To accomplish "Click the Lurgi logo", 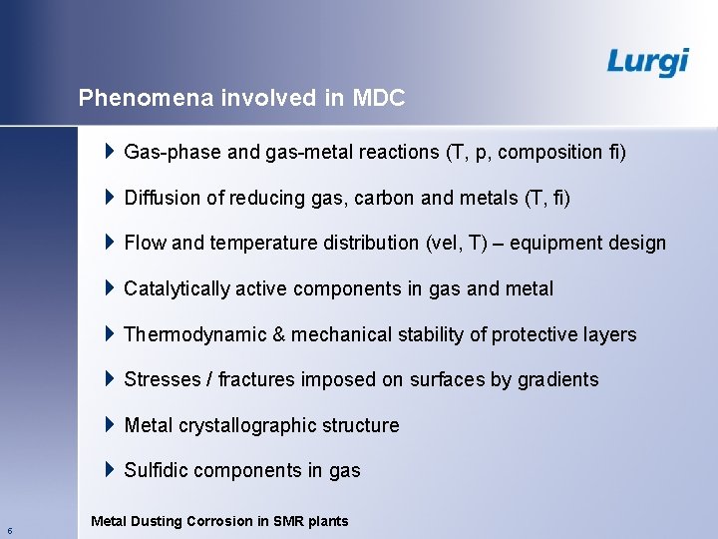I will click(x=647, y=61).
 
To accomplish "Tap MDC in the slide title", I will click(x=380, y=98).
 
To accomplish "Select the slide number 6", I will click(x=9, y=530).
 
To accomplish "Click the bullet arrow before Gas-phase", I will click(x=110, y=152).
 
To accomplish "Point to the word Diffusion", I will click(x=163, y=198).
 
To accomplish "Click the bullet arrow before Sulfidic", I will click(x=110, y=470).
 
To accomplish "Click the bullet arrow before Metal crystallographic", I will click(x=110, y=425).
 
